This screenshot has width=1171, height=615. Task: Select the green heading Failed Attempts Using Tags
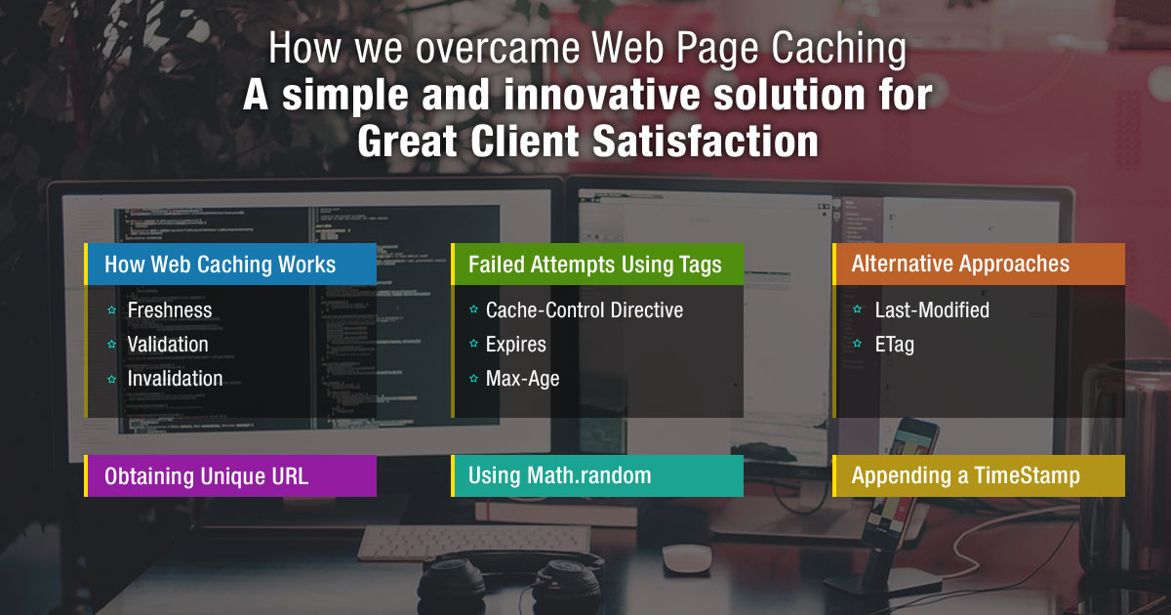(x=595, y=265)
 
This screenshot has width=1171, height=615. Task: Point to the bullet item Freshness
(x=170, y=310)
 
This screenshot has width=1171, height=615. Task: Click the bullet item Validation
(x=168, y=345)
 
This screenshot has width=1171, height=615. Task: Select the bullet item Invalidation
(x=175, y=379)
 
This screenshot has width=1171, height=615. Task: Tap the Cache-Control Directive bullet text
(x=585, y=310)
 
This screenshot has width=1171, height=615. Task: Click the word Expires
(x=516, y=345)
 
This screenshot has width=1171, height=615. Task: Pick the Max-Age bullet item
(x=523, y=379)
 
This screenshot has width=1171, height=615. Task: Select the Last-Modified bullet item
(x=932, y=310)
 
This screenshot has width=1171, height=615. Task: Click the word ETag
(x=895, y=345)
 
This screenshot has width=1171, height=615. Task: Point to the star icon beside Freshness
(x=112, y=310)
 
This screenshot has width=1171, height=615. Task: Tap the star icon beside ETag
(x=857, y=345)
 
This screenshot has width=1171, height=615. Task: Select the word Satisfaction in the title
(x=705, y=143)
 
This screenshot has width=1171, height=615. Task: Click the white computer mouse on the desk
(x=688, y=558)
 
